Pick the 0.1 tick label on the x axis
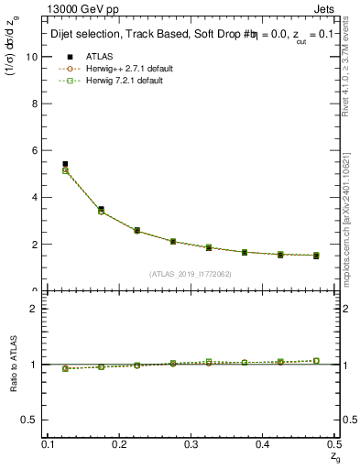coord(49,444)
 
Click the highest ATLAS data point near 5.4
coord(65,164)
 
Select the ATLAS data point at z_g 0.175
coord(101,209)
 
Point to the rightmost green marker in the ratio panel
coord(316,361)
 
